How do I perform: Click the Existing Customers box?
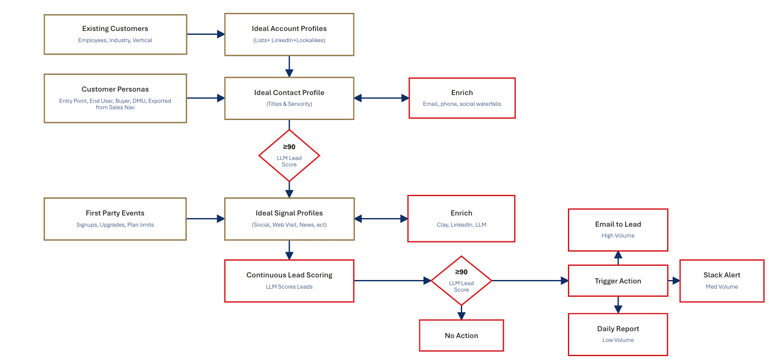pyautogui.click(x=115, y=34)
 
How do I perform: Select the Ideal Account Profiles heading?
pyautogui.click(x=289, y=28)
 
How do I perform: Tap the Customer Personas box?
pyautogui.click(x=115, y=98)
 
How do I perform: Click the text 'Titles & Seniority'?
pyautogui.click(x=289, y=104)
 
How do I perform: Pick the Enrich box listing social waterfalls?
pyautogui.click(x=462, y=98)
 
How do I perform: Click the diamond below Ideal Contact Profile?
pyautogui.click(x=289, y=156)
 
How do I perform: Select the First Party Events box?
pyautogui.click(x=115, y=219)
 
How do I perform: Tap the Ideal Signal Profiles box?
pyautogui.click(x=289, y=219)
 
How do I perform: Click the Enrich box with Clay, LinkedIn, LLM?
pyautogui.click(x=461, y=219)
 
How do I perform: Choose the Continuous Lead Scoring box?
pyautogui.click(x=289, y=281)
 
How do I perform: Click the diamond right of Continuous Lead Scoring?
pyautogui.click(x=461, y=281)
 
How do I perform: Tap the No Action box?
pyautogui.click(x=461, y=335)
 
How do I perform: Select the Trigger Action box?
pyautogui.click(x=618, y=281)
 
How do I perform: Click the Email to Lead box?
pyautogui.click(x=618, y=230)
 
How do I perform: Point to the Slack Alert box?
pyautogui.click(x=721, y=281)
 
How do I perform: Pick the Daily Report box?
pyautogui.click(x=618, y=334)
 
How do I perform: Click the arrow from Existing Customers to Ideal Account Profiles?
pyautogui.click(x=205, y=34)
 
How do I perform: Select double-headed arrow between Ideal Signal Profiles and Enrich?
pyautogui.click(x=381, y=219)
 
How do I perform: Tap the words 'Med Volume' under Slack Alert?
pyautogui.click(x=721, y=287)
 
